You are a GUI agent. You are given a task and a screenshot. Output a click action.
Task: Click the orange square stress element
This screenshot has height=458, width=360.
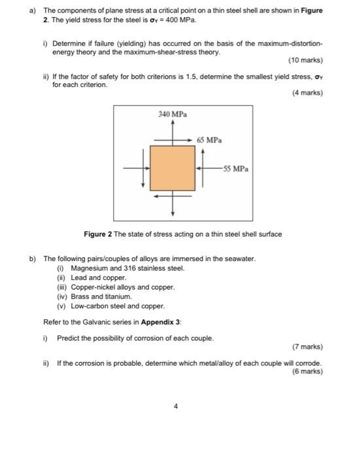(x=173, y=167)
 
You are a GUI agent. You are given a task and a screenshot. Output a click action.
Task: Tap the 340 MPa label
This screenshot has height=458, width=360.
(x=173, y=114)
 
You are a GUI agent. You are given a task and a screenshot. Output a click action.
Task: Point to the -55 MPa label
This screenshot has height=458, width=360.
(x=235, y=168)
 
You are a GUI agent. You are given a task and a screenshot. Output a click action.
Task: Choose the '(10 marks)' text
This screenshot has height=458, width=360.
(x=306, y=61)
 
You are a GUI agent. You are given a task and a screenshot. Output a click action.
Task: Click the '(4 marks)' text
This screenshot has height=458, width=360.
(x=308, y=93)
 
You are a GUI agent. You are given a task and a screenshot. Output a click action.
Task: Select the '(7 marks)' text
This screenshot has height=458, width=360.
(x=308, y=347)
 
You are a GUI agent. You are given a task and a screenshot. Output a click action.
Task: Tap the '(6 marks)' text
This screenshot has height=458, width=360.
(x=308, y=371)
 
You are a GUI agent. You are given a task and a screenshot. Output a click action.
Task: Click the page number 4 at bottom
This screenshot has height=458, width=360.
(x=175, y=406)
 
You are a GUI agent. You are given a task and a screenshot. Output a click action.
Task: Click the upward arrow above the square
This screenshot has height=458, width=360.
(x=173, y=131)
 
